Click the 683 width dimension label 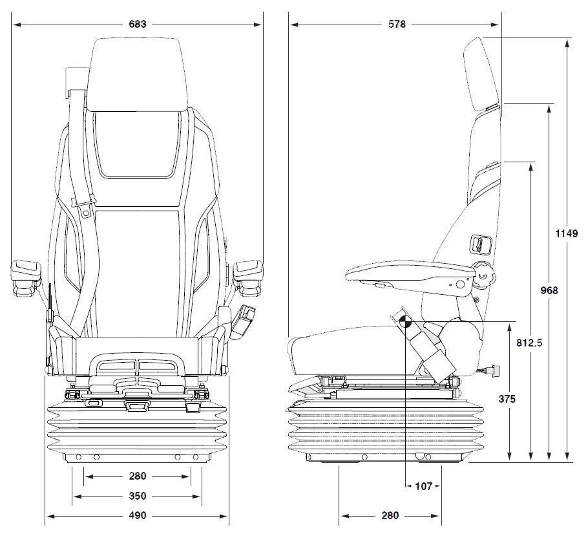(x=138, y=24)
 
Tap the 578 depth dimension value (x=397, y=24)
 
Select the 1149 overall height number (x=567, y=233)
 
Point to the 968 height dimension (x=549, y=290)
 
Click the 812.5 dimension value (x=529, y=343)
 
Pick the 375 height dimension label (x=507, y=399)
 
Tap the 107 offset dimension (x=424, y=486)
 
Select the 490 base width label (x=138, y=516)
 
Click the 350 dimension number (x=138, y=496)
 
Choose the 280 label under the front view (x=138, y=476)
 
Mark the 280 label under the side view (x=390, y=516)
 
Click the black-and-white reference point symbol (x=405, y=322)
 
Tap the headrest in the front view (x=137, y=74)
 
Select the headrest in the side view (x=482, y=74)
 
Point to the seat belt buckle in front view (x=244, y=322)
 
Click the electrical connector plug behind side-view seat (x=491, y=370)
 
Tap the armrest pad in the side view (x=409, y=272)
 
